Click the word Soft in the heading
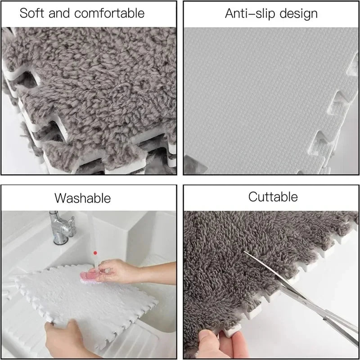[31, 13]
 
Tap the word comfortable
[109, 13]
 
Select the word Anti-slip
[250, 13]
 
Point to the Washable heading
[83, 198]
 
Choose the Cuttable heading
[273, 197]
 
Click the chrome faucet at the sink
[62, 227]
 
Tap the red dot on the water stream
[95, 253]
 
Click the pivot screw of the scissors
[304, 299]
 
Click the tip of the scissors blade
[244, 252]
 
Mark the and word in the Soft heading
[59, 13]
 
